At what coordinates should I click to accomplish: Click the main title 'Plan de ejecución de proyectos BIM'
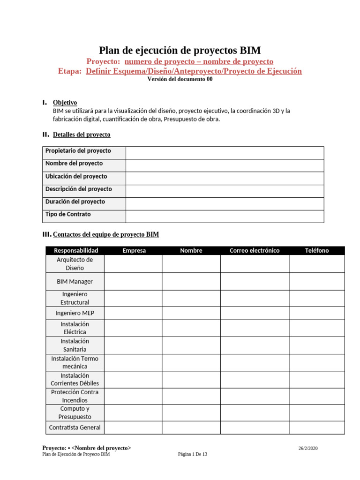180,51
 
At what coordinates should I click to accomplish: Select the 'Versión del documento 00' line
180,79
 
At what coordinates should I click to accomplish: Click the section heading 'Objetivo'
65,103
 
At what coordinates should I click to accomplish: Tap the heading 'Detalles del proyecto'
82,135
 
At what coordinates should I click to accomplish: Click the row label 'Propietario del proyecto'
78,151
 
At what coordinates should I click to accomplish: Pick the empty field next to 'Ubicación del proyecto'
225,178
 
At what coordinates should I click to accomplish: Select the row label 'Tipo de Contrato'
68,214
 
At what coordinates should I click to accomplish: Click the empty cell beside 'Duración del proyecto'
225,203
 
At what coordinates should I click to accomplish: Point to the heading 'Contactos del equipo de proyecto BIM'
106,234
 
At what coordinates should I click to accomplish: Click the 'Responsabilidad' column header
75,250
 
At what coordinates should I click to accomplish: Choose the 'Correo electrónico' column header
254,250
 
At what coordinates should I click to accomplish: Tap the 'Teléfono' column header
317,250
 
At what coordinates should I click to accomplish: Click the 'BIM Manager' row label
75,282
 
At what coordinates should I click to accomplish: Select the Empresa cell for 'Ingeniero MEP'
133,313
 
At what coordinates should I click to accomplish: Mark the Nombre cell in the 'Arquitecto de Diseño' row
191,264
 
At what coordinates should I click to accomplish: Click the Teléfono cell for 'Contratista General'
317,427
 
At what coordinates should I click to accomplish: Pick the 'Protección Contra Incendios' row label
75,396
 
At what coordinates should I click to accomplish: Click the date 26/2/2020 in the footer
308,449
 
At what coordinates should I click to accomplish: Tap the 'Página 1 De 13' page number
192,454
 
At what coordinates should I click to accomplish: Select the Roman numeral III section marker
46,234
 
